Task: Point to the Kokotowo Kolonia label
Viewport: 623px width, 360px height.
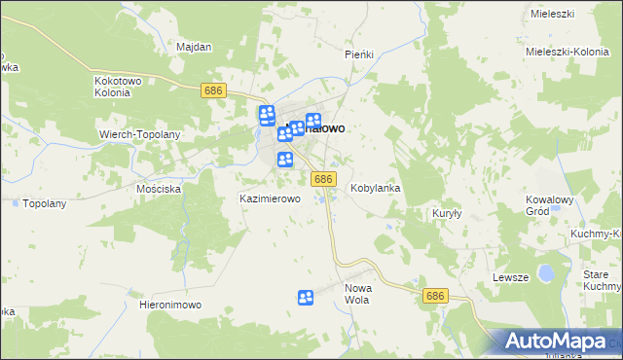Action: point(120,88)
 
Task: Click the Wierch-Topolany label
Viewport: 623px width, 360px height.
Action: point(140,133)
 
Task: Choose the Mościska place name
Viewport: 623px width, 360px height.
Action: point(160,189)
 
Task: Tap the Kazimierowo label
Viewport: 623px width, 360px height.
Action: point(270,198)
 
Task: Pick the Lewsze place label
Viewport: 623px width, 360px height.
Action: point(510,277)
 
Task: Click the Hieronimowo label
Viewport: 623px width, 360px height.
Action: point(170,305)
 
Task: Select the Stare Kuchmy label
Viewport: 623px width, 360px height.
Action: point(602,281)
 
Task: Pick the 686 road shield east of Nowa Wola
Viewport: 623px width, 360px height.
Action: point(435,294)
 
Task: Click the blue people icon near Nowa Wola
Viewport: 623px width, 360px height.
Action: point(306,298)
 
